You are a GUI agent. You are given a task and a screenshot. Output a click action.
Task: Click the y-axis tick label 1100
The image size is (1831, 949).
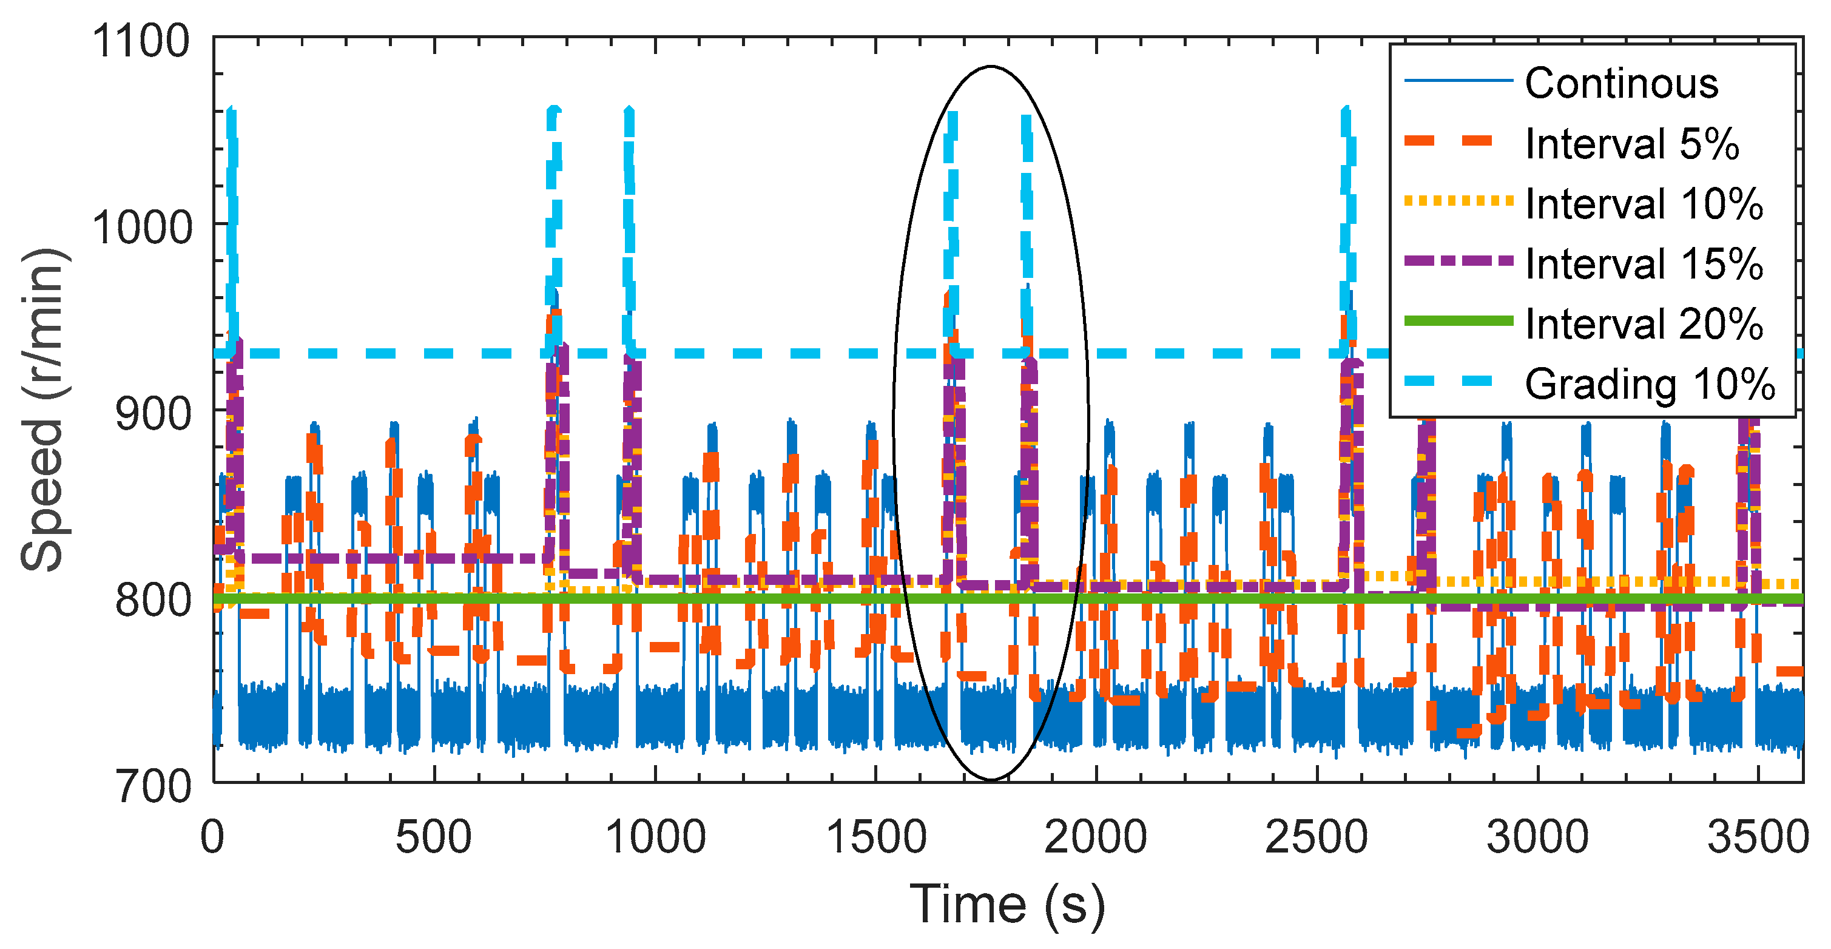tap(141, 41)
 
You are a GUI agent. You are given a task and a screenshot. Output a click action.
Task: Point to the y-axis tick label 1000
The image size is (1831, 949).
tap(141, 228)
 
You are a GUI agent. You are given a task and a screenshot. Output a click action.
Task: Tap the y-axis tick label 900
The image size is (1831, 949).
tap(153, 414)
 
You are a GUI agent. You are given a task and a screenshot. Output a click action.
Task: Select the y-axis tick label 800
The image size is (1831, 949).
tap(153, 601)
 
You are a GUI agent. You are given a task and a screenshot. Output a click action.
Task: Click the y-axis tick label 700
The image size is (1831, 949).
tap(153, 787)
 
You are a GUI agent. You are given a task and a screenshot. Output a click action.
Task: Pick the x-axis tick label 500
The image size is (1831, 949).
tap(434, 837)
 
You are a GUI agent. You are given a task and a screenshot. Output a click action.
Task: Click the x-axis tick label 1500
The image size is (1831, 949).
tap(875, 837)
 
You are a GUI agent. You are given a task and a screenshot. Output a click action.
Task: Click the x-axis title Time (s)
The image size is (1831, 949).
tap(1007, 905)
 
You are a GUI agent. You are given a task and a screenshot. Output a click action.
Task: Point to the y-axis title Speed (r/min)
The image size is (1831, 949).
tap(44, 410)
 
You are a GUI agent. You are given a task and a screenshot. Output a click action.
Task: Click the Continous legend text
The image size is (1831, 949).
tap(1621, 84)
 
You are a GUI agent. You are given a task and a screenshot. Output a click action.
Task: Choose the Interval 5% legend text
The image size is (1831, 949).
tap(1632, 144)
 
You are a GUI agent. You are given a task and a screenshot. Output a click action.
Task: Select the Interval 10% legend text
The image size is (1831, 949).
tap(1644, 204)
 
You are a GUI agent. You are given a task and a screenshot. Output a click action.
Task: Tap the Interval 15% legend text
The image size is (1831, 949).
tap(1644, 265)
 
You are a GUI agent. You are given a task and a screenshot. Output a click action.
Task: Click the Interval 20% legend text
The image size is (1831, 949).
tap(1644, 325)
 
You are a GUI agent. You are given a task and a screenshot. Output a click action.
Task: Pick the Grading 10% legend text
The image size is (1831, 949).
tap(1650, 385)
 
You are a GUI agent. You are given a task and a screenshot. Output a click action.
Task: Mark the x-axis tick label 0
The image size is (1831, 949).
tap(212, 837)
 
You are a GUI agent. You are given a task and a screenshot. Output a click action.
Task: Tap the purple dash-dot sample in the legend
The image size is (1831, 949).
tap(1458, 261)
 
